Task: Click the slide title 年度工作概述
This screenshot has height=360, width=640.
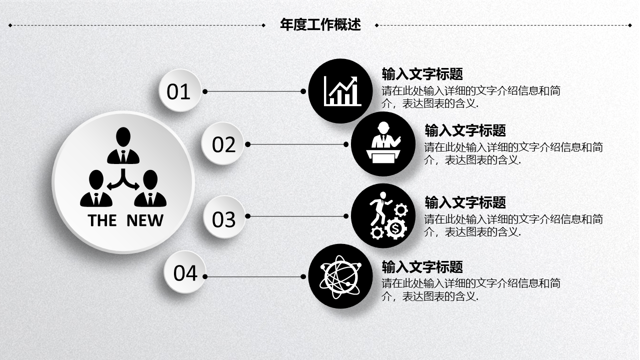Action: pyautogui.click(x=320, y=24)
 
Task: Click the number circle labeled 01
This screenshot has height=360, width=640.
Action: pyautogui.click(x=179, y=91)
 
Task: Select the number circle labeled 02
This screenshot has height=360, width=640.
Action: pyautogui.click(x=223, y=144)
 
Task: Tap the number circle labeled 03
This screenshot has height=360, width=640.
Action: pyautogui.click(x=223, y=219)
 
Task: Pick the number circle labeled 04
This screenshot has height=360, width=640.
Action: pyautogui.click(x=185, y=273)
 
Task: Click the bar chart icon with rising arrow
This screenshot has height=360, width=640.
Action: pyautogui.click(x=342, y=90)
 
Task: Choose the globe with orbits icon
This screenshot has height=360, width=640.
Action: pyautogui.click(x=340, y=275)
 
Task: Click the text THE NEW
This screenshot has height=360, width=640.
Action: pyautogui.click(x=125, y=220)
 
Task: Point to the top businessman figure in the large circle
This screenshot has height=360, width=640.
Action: pyautogui.click(x=123, y=145)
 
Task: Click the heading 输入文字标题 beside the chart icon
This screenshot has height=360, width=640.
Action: pyautogui.click(x=422, y=74)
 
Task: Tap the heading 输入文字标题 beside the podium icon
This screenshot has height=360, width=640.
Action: pyautogui.click(x=465, y=130)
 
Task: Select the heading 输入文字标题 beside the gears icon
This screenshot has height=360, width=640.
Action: pyautogui.click(x=465, y=202)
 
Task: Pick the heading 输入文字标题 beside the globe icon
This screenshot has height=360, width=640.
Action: pyautogui.click(x=422, y=266)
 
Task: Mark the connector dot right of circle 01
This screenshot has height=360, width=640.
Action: pyautogui.click(x=205, y=91)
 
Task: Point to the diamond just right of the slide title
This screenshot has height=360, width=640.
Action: pyautogui.click(x=377, y=25)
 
